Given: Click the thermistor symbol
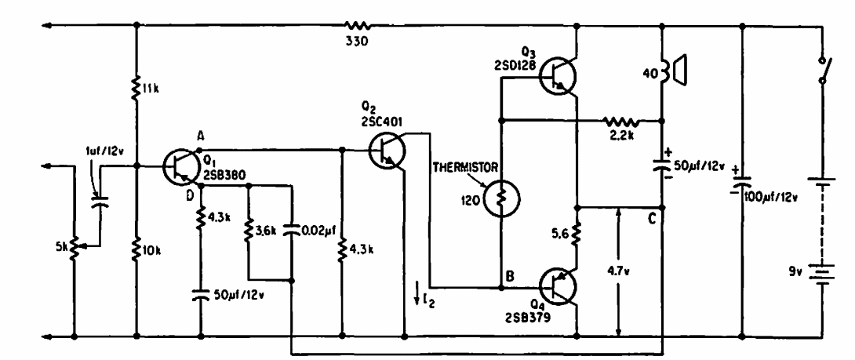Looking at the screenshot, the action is [500, 196].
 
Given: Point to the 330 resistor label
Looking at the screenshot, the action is [358, 40].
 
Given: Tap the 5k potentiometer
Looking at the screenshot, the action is [73, 245].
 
